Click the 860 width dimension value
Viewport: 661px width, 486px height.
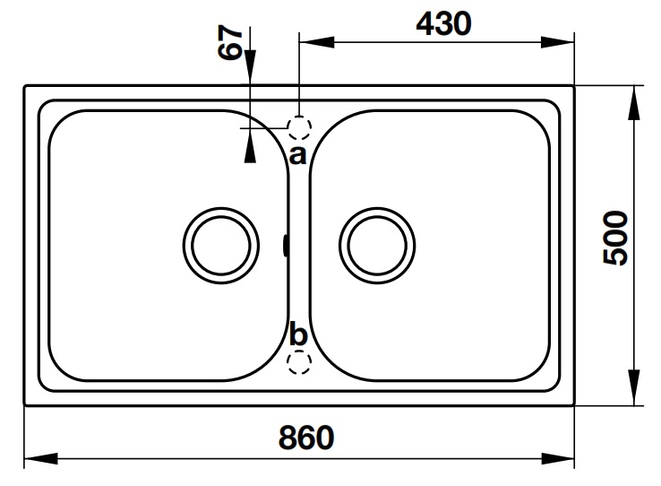[x=305, y=438]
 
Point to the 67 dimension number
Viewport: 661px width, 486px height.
[x=231, y=42]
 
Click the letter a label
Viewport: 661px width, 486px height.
[x=297, y=154]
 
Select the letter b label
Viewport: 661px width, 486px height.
[x=298, y=335]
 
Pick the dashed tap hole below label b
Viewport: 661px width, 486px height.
[x=299, y=361]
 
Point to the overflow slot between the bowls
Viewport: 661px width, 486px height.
[x=285, y=244]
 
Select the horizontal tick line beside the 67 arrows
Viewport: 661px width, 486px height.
[x=260, y=128]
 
